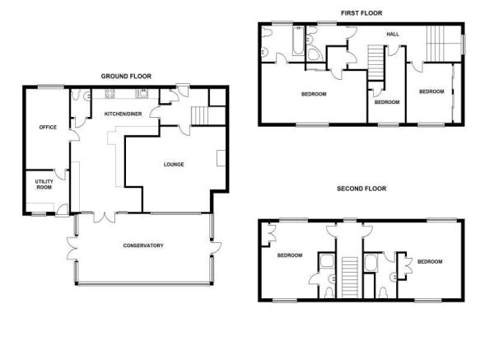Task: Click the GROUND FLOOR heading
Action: tap(126, 77)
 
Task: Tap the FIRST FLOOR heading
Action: tap(361, 13)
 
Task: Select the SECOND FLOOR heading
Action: tap(361, 189)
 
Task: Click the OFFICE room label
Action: tap(48, 127)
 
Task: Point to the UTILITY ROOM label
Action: tap(44, 185)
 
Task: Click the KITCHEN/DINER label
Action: tap(123, 114)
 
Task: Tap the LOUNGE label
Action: tap(174, 165)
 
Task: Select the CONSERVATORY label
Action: tap(143, 245)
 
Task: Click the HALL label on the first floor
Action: tap(393, 35)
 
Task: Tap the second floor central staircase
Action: tap(350, 278)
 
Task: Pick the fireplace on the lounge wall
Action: tap(221, 158)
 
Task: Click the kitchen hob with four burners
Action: tap(110, 94)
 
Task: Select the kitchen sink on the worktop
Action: tap(142, 93)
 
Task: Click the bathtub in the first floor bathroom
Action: tap(298, 41)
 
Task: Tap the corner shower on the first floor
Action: tap(315, 54)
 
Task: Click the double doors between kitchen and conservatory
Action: tap(105, 217)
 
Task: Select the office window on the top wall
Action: tap(51, 86)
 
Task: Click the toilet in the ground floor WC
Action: tap(75, 95)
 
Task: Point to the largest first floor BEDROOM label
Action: tap(314, 94)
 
